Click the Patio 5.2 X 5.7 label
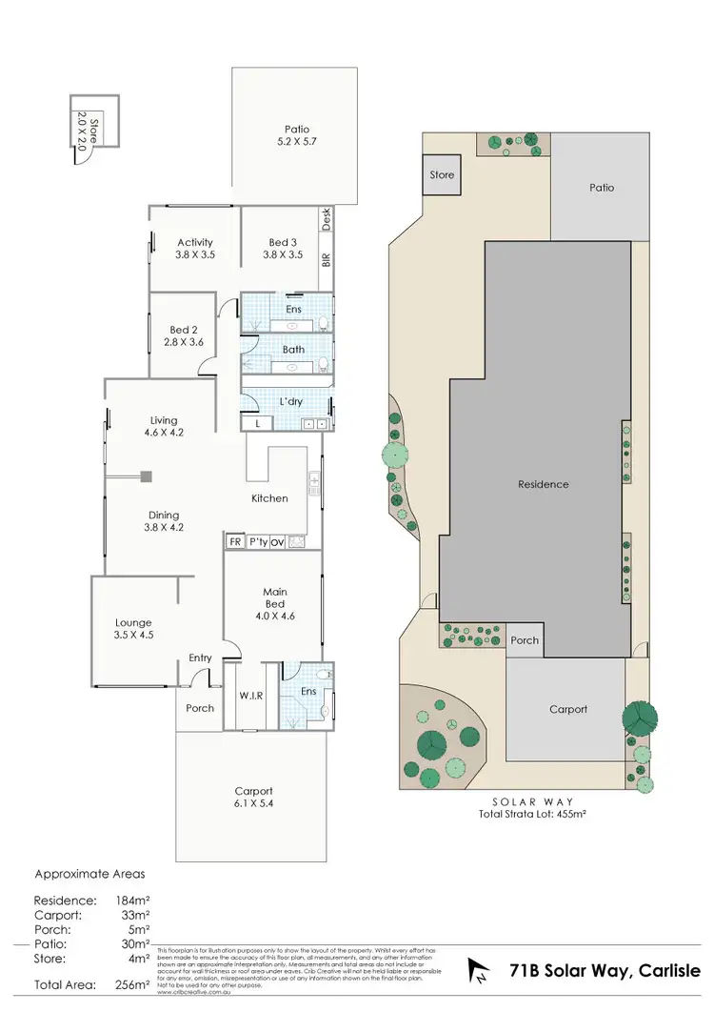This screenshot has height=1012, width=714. [296, 137]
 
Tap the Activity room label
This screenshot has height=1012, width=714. [194, 249]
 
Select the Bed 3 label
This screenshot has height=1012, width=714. [284, 249]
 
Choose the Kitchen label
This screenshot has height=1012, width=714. [269, 498]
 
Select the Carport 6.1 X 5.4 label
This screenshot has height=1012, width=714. [253, 798]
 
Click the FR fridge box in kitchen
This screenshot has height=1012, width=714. [234, 542]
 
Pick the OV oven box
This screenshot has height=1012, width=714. [278, 542]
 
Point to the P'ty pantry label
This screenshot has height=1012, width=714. [257, 542]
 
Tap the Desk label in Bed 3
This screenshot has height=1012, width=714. [326, 219]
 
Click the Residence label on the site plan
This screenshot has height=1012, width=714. [544, 484]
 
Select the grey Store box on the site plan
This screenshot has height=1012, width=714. [442, 175]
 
